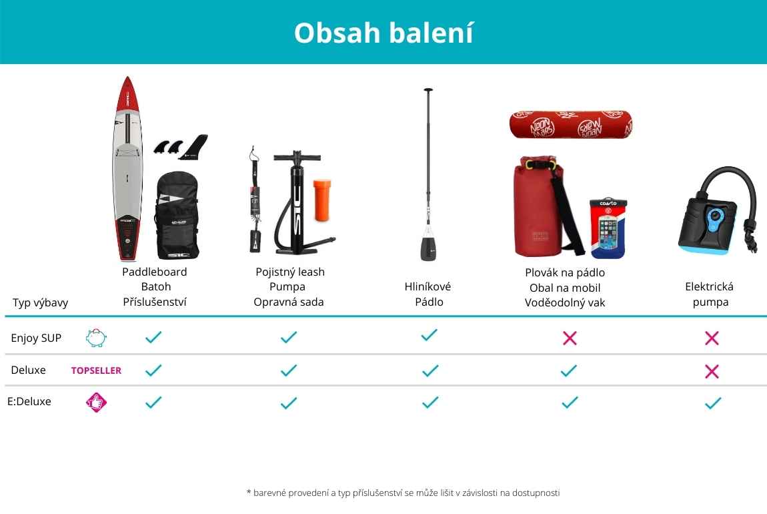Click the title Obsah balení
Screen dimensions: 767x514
(x=383, y=33)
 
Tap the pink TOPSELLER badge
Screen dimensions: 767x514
(x=96, y=370)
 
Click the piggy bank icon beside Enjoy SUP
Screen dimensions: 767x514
(x=96, y=338)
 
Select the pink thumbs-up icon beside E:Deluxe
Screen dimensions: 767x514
(x=96, y=403)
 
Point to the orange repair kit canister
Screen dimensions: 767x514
(x=322, y=200)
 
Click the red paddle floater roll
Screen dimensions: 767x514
(x=571, y=124)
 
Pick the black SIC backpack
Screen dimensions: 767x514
(x=177, y=216)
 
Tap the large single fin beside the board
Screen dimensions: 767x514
(x=194, y=147)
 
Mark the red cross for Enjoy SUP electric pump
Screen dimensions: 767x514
(x=712, y=338)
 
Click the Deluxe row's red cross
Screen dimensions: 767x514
(x=712, y=371)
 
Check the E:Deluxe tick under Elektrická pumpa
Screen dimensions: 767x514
(x=713, y=403)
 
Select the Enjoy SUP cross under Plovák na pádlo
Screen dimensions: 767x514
(x=570, y=338)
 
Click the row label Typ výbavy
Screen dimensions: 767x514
(x=40, y=303)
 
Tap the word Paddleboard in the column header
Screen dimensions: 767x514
(x=155, y=272)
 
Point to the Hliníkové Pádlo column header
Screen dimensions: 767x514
(x=428, y=294)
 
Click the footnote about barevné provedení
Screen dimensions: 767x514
(x=403, y=493)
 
